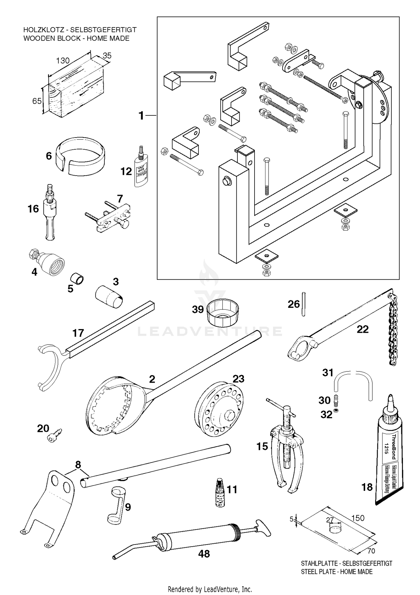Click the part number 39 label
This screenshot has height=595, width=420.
[x=198, y=310]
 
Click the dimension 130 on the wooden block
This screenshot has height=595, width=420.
[x=63, y=61]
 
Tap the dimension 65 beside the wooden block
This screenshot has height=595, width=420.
[x=37, y=101]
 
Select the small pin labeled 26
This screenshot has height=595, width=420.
[x=304, y=304]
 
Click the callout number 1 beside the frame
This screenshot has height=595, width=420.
[x=141, y=115]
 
